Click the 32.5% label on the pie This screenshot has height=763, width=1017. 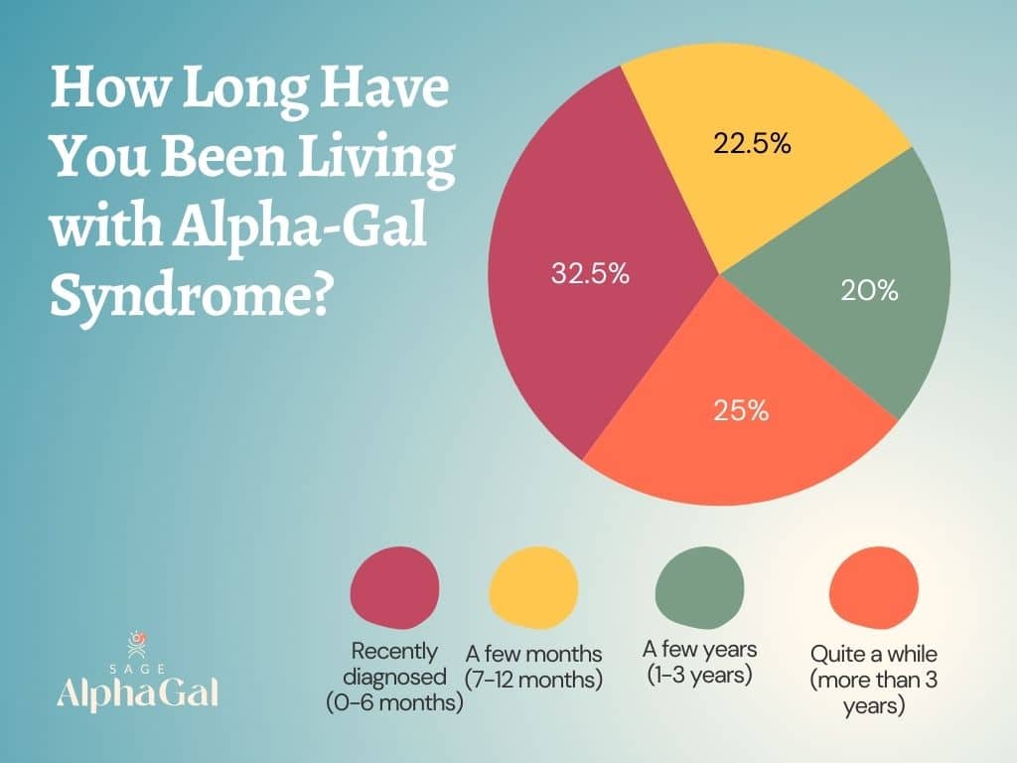click(x=590, y=274)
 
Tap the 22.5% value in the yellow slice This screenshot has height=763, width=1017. click(x=752, y=144)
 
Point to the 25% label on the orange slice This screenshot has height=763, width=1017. click(x=741, y=410)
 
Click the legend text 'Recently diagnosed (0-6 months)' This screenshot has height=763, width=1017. click(x=394, y=678)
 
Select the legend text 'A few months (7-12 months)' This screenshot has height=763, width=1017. click(x=534, y=667)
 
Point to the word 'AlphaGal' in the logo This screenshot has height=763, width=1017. click(x=137, y=691)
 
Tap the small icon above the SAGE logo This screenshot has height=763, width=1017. click(x=138, y=641)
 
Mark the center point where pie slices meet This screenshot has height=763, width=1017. click(x=717, y=271)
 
